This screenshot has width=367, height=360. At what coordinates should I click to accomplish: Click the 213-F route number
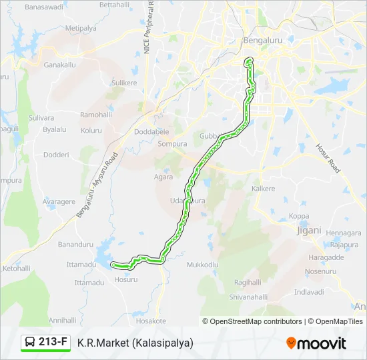pos(53,343)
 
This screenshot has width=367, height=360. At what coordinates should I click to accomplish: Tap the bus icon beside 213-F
pos(31,343)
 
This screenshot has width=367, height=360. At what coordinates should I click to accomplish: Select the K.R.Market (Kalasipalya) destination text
pos(135,343)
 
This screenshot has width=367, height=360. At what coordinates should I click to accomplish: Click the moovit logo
pos(316,343)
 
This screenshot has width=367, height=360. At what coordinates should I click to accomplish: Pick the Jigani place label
pos(308,230)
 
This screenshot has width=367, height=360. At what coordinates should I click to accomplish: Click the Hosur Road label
pos(328,158)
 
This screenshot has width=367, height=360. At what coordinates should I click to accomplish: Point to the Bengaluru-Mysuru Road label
pos(97,184)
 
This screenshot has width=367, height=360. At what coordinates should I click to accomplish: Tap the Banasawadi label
pos(43,7)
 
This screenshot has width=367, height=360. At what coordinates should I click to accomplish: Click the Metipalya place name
pos(81,29)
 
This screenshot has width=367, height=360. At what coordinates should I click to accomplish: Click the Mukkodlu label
pos(202,265)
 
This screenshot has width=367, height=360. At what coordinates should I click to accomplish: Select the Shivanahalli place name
pos(248,297)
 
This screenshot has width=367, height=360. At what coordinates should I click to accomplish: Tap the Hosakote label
pos(151,321)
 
